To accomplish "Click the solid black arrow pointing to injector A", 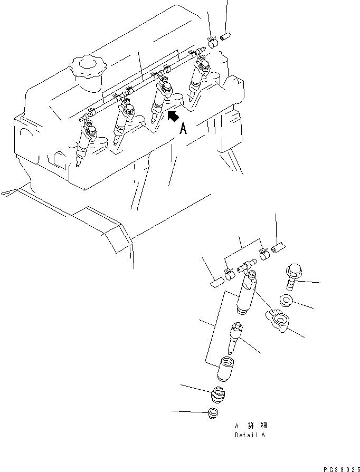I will tap(173, 117).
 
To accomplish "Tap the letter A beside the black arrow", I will tap(183, 129).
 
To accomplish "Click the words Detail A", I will tap(250, 436).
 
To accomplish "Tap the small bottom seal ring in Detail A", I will tap(212, 413).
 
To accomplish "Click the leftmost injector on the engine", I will tap(84, 145).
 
